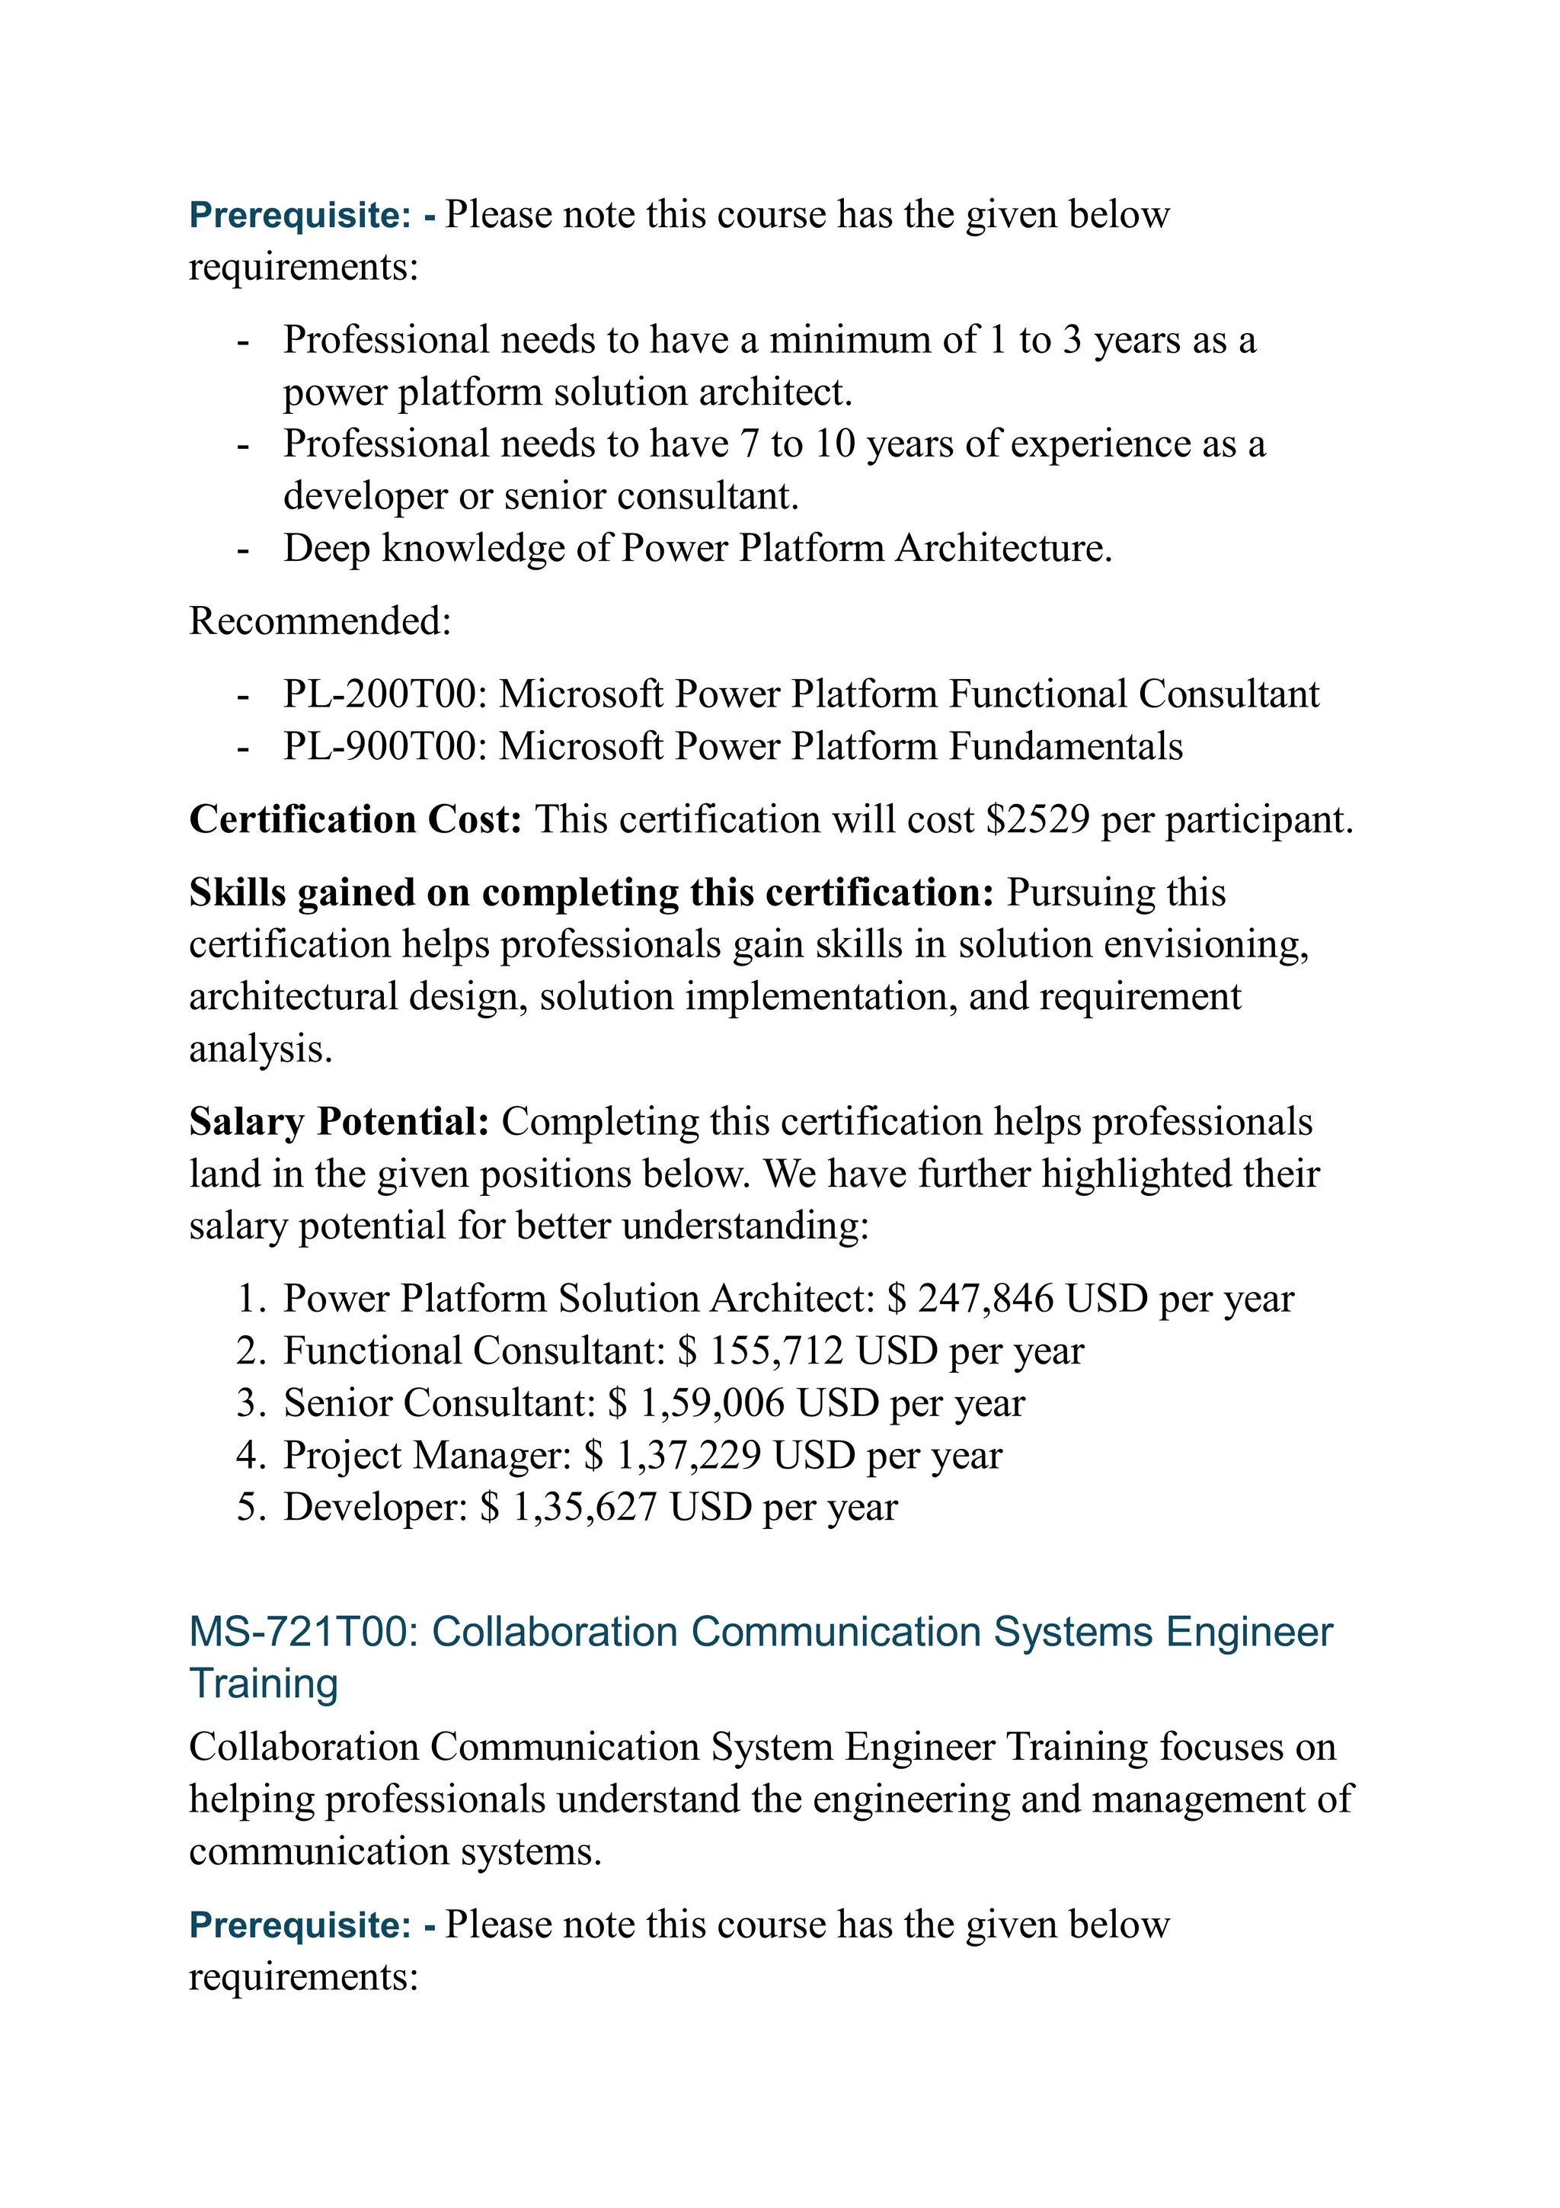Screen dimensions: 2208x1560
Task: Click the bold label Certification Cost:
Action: (355, 819)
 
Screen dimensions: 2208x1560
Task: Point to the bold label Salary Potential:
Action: (339, 1121)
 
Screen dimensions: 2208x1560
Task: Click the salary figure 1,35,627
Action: (584, 1507)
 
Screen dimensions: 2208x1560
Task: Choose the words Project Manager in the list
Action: (422, 1455)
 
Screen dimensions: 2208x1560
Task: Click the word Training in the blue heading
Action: (264, 1684)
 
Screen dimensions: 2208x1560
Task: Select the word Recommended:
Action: (319, 621)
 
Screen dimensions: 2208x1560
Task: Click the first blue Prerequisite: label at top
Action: (301, 214)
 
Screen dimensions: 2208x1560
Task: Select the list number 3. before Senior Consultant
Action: (249, 1403)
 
